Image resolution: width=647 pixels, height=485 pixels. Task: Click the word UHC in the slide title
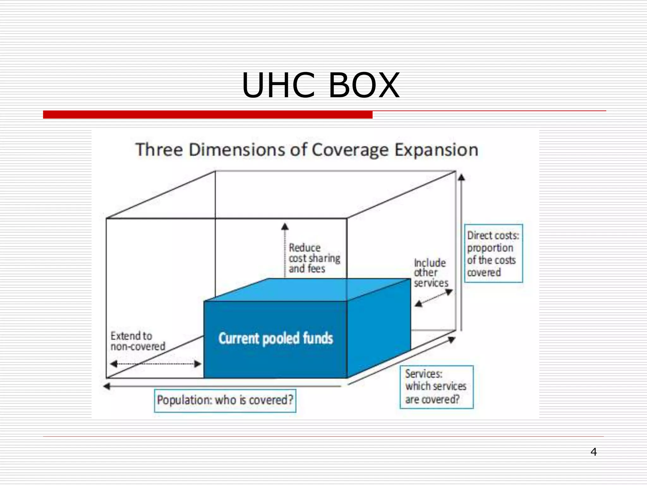278,85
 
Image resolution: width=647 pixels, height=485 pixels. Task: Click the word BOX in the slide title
364,85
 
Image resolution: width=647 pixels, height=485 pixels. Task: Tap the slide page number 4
594,452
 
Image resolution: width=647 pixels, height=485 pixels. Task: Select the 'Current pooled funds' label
275,338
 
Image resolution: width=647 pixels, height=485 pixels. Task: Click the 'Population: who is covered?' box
225,400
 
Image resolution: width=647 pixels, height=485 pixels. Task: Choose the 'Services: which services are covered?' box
436,387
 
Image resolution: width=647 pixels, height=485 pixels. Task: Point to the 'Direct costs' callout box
493,254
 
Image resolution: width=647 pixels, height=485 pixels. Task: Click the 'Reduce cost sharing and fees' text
314,258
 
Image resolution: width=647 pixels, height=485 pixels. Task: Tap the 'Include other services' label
431,273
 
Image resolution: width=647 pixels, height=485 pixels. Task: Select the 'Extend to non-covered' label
137,341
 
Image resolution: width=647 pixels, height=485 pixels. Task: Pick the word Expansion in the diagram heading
436,150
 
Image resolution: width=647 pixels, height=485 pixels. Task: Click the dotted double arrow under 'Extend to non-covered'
155,364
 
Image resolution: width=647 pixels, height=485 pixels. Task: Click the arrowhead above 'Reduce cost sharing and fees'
285,226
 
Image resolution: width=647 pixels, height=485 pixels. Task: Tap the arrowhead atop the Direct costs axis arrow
462,177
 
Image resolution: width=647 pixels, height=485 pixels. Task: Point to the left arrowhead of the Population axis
107,386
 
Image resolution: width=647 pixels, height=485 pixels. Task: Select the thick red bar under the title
208,115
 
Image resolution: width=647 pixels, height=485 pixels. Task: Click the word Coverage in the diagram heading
350,150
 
